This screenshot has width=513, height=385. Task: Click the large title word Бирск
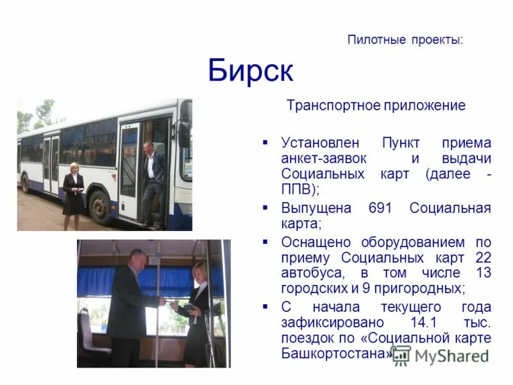click(x=250, y=71)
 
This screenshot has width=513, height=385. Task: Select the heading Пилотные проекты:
click(x=405, y=40)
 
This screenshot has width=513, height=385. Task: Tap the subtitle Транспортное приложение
click(x=376, y=106)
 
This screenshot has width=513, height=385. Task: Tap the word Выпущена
click(x=316, y=208)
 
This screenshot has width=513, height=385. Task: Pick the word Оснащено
click(x=316, y=242)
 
